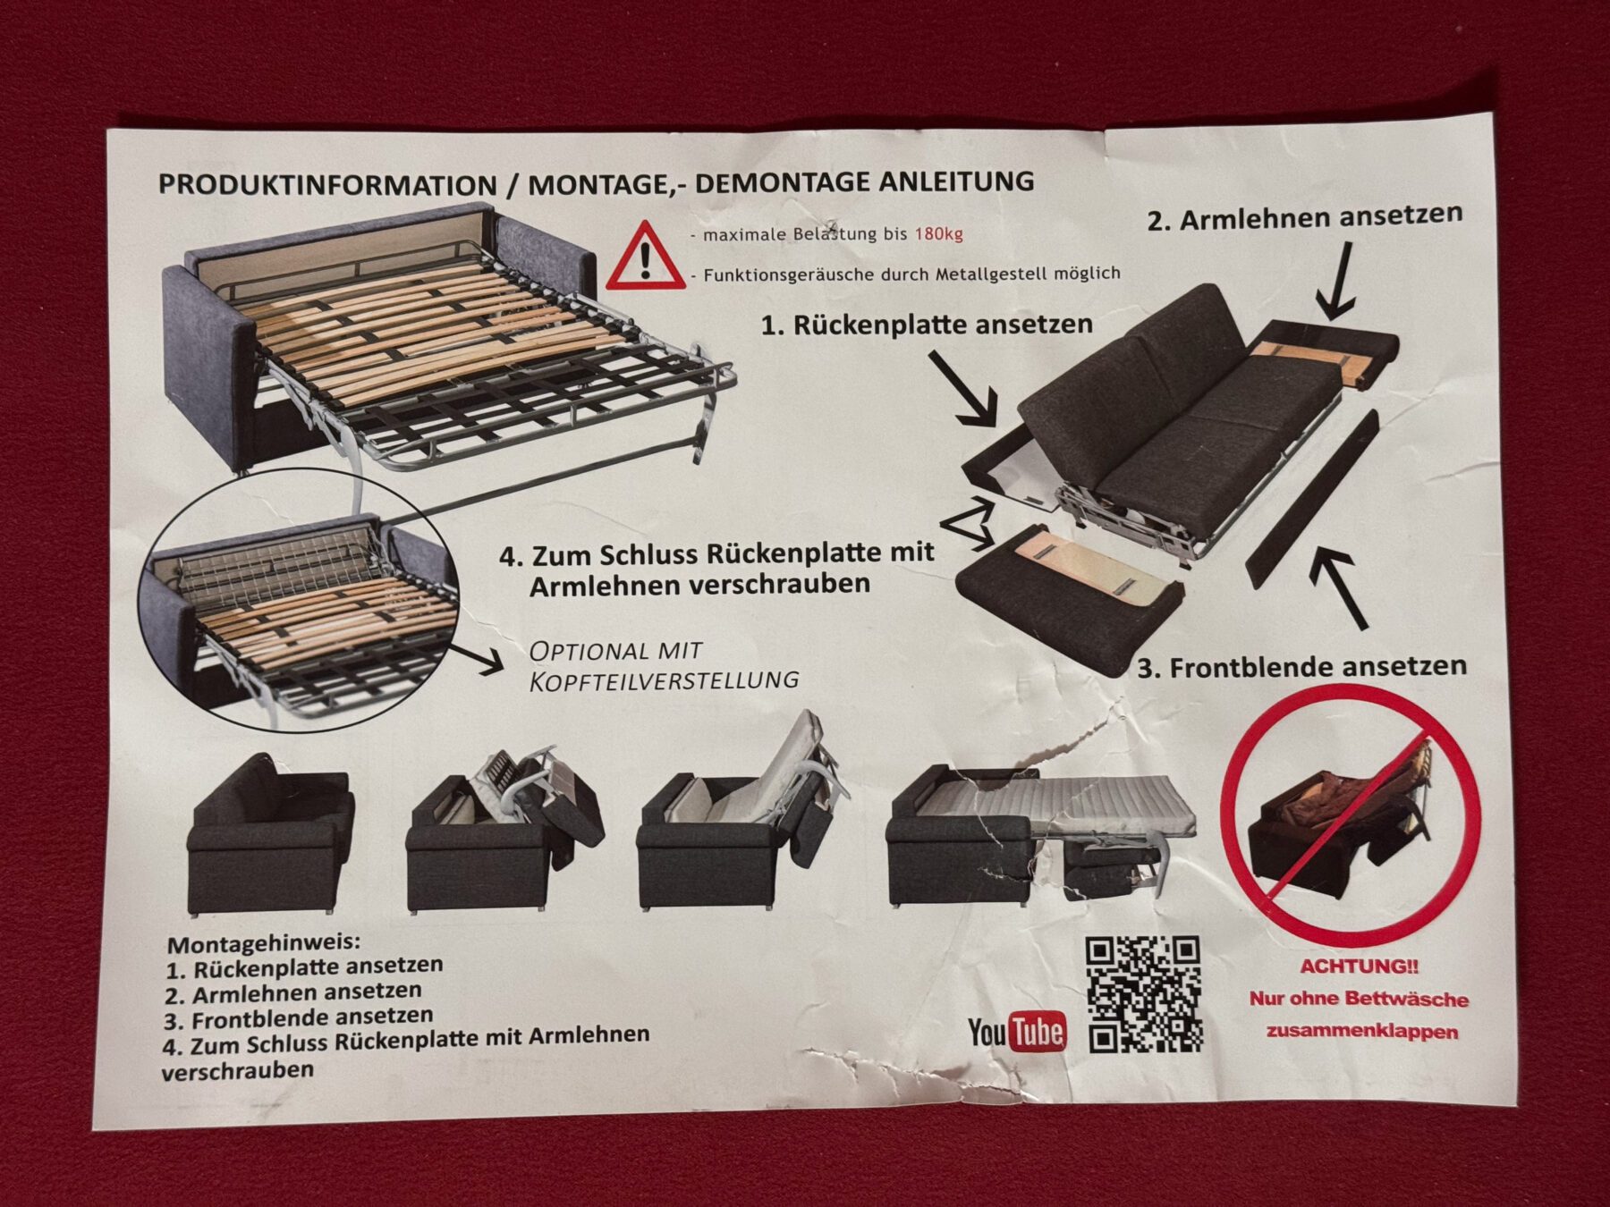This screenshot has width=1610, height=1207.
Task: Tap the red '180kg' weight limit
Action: pos(938,234)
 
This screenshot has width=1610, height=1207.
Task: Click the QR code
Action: pos(1144,994)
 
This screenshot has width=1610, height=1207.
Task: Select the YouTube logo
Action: pos(1017,1031)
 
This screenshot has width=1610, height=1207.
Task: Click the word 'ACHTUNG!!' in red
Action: pos(1359,966)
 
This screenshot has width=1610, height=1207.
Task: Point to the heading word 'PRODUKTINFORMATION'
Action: pos(327,185)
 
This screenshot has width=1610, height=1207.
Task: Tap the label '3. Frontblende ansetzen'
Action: pos(1301,667)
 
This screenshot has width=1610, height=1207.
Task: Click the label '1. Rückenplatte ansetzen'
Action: pos(927,324)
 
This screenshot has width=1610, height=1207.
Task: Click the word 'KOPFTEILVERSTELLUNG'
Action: pos(664,680)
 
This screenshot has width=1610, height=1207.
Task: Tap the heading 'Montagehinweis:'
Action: pos(264,943)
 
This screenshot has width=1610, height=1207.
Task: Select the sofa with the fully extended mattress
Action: pos(1040,835)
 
